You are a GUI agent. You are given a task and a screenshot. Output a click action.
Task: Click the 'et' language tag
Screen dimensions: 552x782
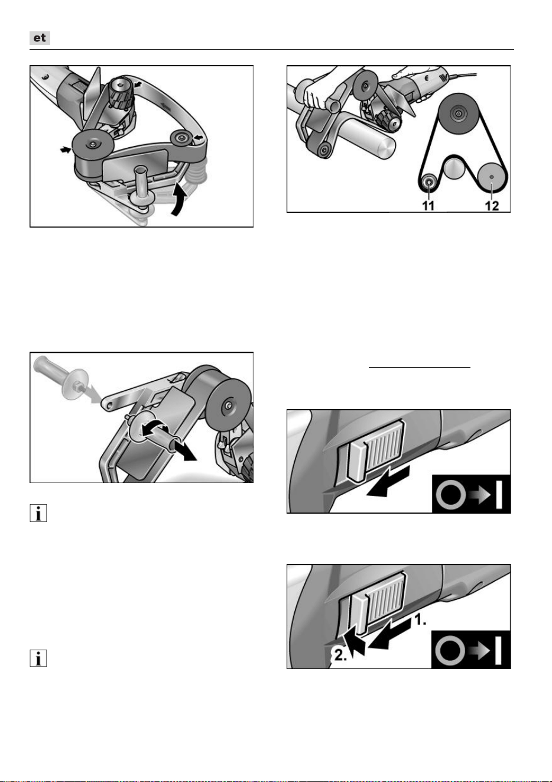[40, 38]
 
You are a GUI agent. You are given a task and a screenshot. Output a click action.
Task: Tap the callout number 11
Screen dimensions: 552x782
[428, 206]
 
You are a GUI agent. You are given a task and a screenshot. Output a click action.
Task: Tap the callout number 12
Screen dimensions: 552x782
[492, 206]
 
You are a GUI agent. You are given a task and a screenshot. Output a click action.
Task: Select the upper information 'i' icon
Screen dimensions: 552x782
[38, 513]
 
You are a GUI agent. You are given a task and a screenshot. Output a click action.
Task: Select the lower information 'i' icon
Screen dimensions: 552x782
[38, 658]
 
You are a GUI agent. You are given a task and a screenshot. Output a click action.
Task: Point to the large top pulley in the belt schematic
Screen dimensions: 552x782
[457, 113]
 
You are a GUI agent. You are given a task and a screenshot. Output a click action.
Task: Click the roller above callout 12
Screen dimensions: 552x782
[492, 177]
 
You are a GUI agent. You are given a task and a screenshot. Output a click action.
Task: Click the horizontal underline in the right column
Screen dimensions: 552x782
[420, 367]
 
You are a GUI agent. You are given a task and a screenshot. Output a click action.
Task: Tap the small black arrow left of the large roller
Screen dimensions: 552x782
[65, 150]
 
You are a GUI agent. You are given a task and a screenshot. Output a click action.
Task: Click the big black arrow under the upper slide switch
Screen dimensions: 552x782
[388, 482]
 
